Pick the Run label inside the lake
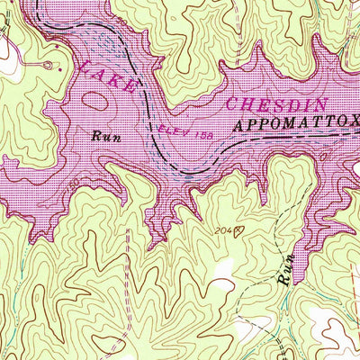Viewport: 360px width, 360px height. [102, 137]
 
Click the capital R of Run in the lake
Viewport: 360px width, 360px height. [94, 137]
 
